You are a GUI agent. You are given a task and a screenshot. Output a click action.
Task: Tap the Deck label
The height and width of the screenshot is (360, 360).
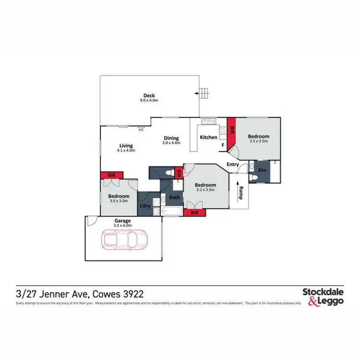point(149,95)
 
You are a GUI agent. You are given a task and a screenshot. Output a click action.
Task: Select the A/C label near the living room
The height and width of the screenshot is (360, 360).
point(142,130)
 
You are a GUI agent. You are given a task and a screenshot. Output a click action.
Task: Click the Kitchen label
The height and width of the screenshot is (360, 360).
point(208,137)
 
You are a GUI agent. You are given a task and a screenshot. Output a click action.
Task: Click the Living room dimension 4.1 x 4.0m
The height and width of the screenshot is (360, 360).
point(126,150)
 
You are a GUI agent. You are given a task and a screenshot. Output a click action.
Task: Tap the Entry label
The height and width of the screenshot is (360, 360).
point(233,165)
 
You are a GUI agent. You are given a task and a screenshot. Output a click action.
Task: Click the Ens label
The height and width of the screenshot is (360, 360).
point(262,170)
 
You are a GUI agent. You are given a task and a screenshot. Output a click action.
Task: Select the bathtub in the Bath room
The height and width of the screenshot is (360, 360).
point(171,211)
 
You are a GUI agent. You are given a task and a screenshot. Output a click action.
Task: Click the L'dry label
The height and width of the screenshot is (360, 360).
point(145,206)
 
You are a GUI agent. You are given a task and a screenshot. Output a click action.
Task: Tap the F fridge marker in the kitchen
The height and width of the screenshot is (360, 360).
point(223,144)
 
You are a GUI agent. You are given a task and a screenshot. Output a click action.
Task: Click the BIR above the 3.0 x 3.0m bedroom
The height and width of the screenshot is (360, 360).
point(111,175)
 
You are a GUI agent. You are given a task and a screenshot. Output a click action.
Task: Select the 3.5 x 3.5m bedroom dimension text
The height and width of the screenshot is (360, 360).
point(259,141)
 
